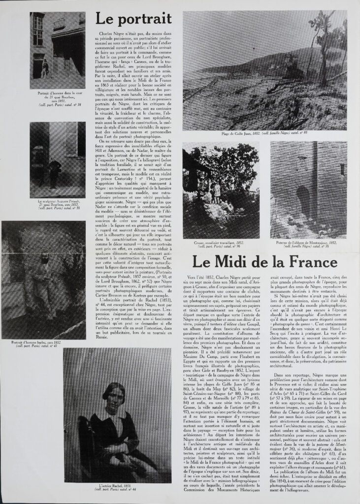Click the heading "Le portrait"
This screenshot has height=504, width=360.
pos(133,19)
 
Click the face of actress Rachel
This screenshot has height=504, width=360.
pos(114,395)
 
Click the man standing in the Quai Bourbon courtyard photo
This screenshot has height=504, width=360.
pos(45,68)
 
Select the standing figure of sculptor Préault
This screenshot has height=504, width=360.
pos(54,172)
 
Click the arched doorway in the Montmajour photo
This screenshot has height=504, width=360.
pos(302,202)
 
